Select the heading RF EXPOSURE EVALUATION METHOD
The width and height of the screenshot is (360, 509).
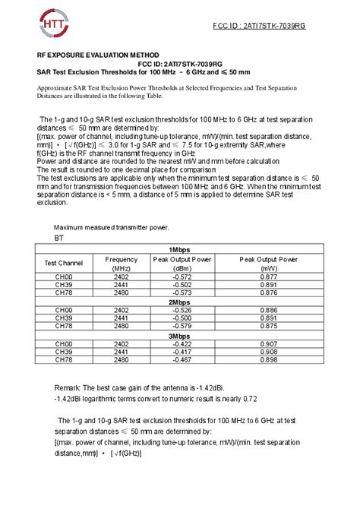(x=99, y=55)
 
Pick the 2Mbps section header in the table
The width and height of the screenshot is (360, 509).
(x=180, y=302)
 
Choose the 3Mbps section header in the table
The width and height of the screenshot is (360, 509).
(x=180, y=335)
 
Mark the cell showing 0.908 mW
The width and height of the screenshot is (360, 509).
(x=268, y=352)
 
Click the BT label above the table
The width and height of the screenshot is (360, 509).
(x=59, y=238)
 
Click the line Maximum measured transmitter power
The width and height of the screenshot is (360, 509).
(x=111, y=227)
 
